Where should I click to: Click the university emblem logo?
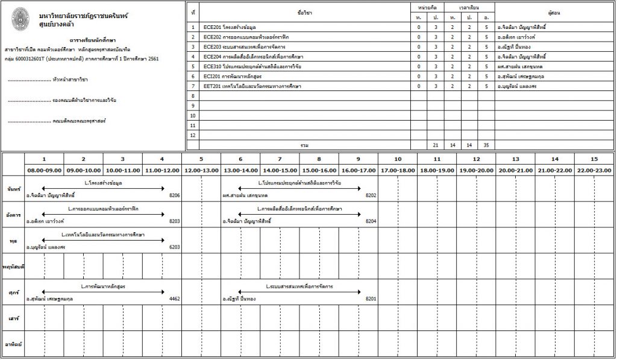pyautogui.click(x=20, y=17)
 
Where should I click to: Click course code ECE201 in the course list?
pyautogui.click(x=211, y=27)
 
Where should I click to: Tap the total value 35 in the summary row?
pyautogui.click(x=486, y=145)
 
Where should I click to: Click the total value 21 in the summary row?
pyautogui.click(x=435, y=145)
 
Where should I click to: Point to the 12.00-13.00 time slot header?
pyautogui.click(x=201, y=170)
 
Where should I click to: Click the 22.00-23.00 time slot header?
pyautogui.click(x=594, y=170)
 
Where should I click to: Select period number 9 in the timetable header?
pyautogui.click(x=358, y=159)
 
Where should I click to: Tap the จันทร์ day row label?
pyautogui.click(x=13, y=188)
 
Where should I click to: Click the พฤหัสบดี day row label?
pyautogui.click(x=13, y=266)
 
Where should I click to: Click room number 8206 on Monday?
pyautogui.click(x=175, y=195)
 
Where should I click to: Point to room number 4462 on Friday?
pyautogui.click(x=175, y=298)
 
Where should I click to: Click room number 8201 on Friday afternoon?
pyautogui.click(x=371, y=298)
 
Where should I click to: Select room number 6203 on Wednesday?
pyautogui.click(x=175, y=247)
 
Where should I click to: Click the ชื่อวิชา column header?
pyautogui.click(x=304, y=11)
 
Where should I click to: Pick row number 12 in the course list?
pyautogui.click(x=193, y=135)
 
